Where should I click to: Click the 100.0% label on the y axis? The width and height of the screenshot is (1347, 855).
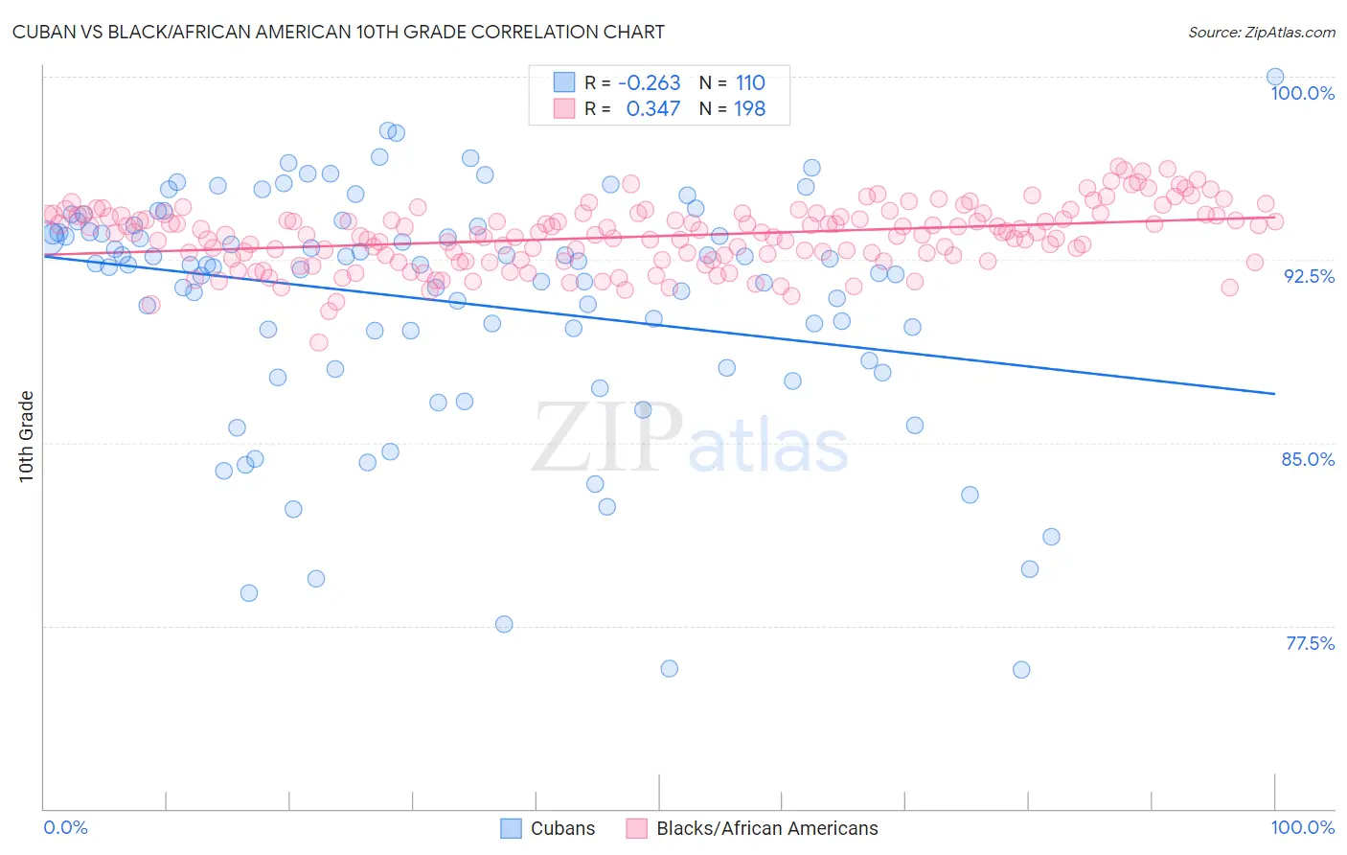[x=1302, y=93]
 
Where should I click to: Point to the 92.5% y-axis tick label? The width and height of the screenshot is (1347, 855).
[x=1309, y=276]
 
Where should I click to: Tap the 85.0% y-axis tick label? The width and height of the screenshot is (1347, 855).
[x=1308, y=459]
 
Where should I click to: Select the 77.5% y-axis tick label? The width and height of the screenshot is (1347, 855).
[x=1310, y=643]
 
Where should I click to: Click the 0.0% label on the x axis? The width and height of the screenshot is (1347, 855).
[x=65, y=828]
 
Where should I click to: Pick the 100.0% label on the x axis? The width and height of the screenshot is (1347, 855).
[x=1302, y=828]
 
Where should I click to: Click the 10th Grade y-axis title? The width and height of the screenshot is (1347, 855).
[x=27, y=436]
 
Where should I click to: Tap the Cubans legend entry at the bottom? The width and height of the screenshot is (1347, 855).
[x=562, y=829]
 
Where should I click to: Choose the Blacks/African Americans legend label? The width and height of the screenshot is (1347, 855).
[x=766, y=829]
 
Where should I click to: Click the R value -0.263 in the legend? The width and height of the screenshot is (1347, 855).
[x=650, y=83]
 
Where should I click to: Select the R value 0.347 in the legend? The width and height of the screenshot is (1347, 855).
[x=653, y=109]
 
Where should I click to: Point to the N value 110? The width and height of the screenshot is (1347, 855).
[x=750, y=83]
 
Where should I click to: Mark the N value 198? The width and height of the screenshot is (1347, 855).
[x=750, y=109]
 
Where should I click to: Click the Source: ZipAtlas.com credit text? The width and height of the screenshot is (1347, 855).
[x=1261, y=33]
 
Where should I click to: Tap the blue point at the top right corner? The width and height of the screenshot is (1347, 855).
[x=1275, y=77]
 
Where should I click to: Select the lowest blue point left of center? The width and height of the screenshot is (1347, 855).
[x=504, y=624]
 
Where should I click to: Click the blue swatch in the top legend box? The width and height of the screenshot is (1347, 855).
[x=564, y=83]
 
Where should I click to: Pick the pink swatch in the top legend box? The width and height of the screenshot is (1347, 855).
[x=564, y=109]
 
